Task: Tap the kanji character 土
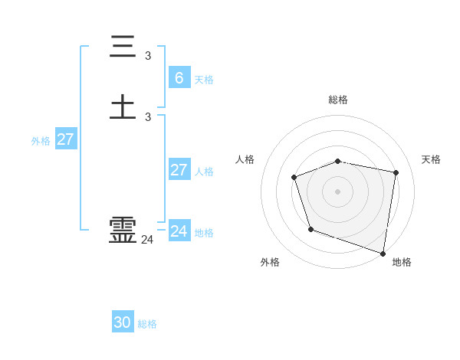(123, 106)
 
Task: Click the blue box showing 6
(179, 78)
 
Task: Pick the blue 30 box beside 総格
(123, 322)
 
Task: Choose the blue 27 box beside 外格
(66, 139)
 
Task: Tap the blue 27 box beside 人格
(179, 169)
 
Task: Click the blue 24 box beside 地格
(179, 231)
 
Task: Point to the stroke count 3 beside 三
(148, 55)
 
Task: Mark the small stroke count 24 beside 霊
(147, 240)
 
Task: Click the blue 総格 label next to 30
(148, 324)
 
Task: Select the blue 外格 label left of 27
(41, 141)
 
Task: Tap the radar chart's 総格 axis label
(338, 100)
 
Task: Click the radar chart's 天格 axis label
(432, 159)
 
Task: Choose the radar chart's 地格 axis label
(402, 262)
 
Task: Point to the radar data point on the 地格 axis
(383, 252)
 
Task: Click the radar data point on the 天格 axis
(396, 172)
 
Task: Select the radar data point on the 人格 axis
(294, 178)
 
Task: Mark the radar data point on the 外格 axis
(310, 229)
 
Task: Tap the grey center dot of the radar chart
(338, 191)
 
